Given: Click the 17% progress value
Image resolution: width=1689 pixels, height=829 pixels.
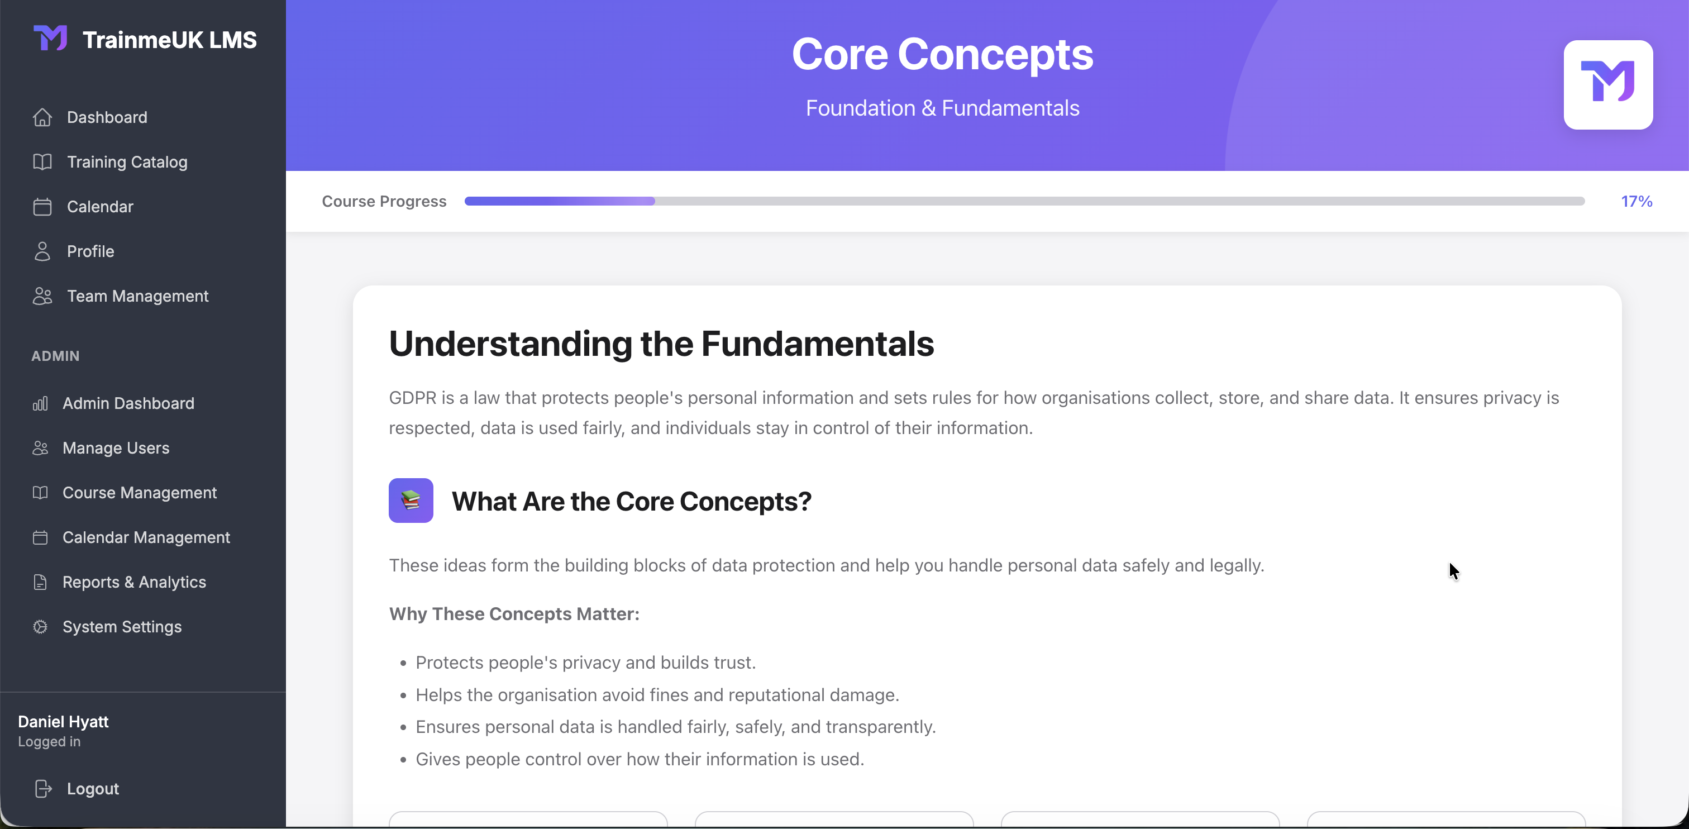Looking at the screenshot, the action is pyautogui.click(x=1636, y=201).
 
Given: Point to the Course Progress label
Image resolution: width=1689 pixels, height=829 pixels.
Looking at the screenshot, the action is pyautogui.click(x=384, y=201).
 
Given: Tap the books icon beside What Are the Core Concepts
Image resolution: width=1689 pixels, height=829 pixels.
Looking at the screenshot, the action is pyautogui.click(x=411, y=501).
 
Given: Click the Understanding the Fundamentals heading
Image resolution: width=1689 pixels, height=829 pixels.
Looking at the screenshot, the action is pyautogui.click(x=661, y=344).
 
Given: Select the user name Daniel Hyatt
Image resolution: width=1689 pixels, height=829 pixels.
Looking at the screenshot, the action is pyautogui.click(x=63, y=721).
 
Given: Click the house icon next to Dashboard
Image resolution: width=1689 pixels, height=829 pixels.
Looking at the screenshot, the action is pyautogui.click(x=42, y=117).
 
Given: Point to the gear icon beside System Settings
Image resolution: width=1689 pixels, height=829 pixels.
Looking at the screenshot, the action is pyautogui.click(x=40, y=626).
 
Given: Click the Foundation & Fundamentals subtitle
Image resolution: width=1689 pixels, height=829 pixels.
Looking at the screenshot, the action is pyautogui.click(x=942, y=108).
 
